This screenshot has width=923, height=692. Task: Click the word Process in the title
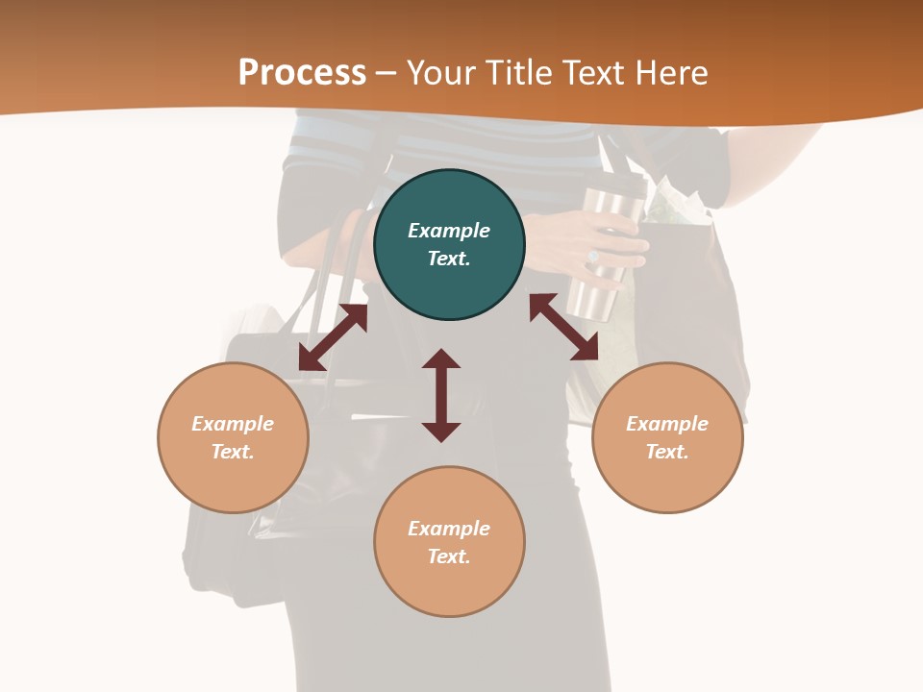[302, 73]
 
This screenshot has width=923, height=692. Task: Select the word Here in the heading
[670, 73]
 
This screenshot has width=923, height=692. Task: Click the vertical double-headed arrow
[441, 396]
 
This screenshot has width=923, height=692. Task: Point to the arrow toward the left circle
[333, 337]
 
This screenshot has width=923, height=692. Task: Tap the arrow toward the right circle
[563, 327]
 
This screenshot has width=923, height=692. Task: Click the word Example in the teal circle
[449, 231]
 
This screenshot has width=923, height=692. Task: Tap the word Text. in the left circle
[233, 452]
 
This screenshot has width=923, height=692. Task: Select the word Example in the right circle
[667, 424]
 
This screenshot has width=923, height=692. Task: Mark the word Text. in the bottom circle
[449, 556]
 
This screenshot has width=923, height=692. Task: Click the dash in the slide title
[387, 73]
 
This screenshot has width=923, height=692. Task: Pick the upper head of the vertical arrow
[441, 359]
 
